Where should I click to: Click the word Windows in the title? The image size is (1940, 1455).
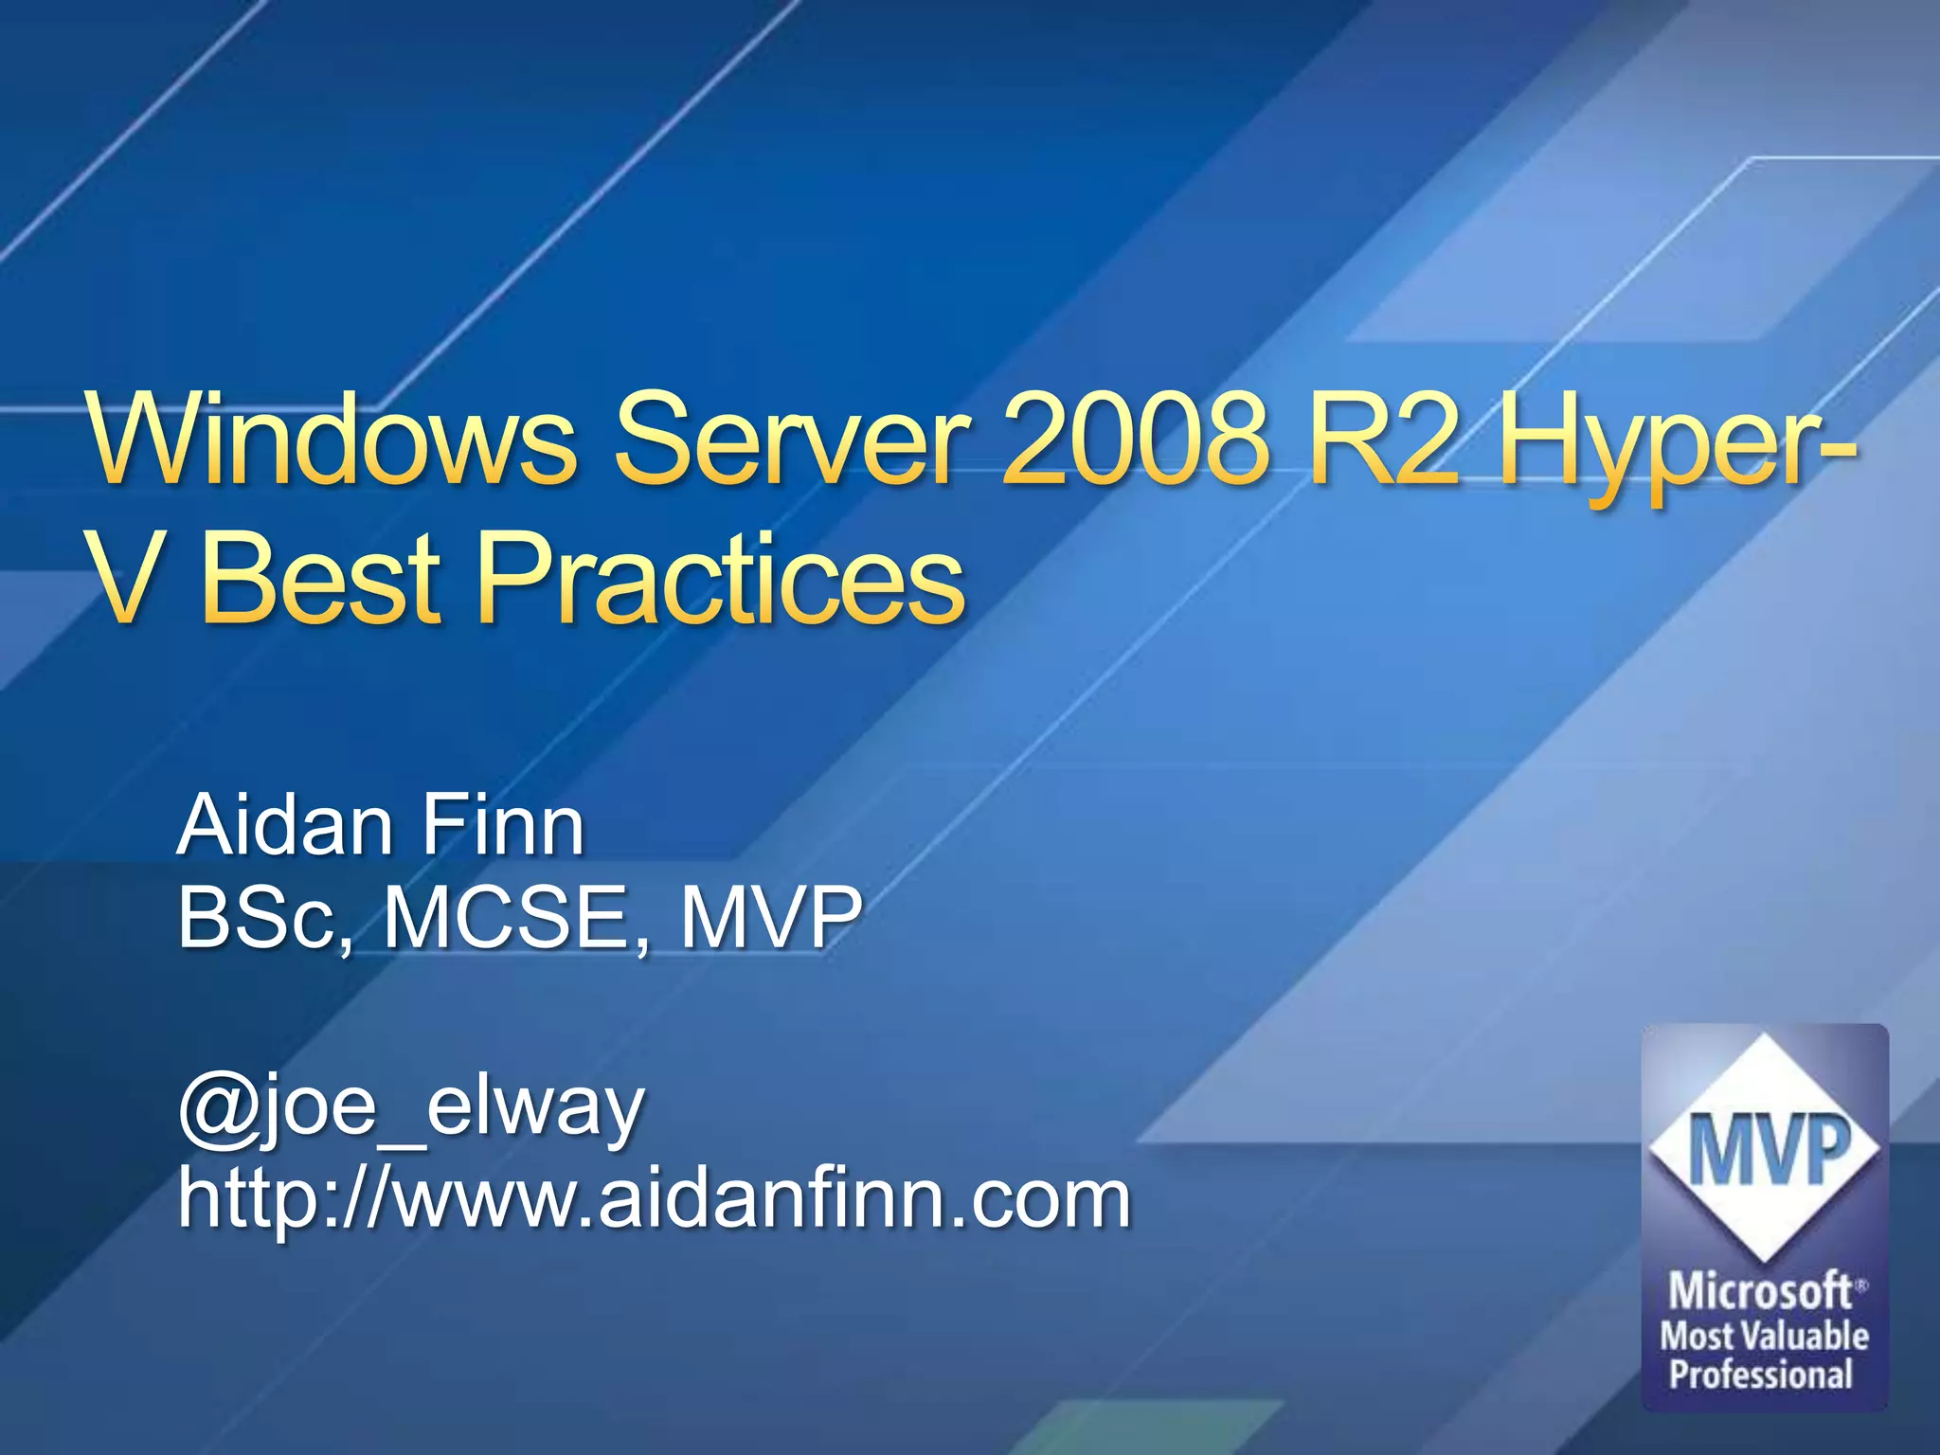click(x=332, y=438)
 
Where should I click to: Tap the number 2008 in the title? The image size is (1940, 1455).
click(x=1133, y=438)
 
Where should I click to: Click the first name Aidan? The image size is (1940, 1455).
click(x=285, y=826)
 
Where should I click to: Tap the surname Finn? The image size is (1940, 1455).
click(x=502, y=826)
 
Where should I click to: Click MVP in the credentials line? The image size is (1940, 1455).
click(x=771, y=917)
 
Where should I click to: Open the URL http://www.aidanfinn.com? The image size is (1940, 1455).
click(x=654, y=1199)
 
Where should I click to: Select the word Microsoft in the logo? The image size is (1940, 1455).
click(x=1760, y=1290)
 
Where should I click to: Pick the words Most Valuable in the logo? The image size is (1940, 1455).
click(x=1764, y=1336)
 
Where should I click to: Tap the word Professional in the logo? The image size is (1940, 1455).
click(x=1760, y=1374)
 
